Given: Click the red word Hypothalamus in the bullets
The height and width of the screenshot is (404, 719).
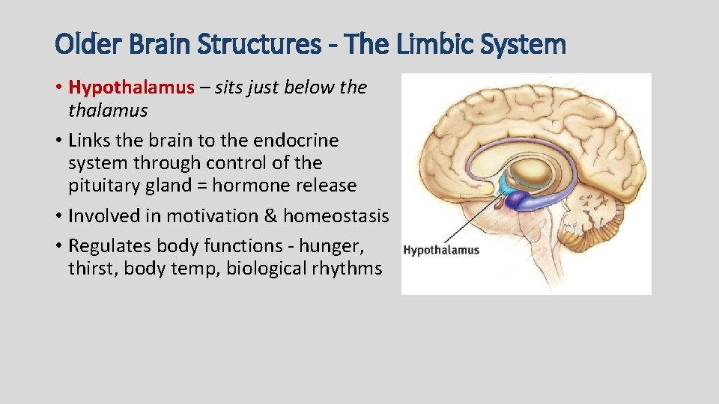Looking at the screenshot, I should click(131, 88).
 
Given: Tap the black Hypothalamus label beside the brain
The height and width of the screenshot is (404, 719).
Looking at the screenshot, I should click(441, 250).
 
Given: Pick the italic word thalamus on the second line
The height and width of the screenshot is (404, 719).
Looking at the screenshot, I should click(108, 111).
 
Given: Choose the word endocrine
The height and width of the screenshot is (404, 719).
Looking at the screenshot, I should click(297, 141).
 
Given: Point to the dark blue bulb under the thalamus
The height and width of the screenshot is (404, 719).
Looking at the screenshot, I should click(517, 200).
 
